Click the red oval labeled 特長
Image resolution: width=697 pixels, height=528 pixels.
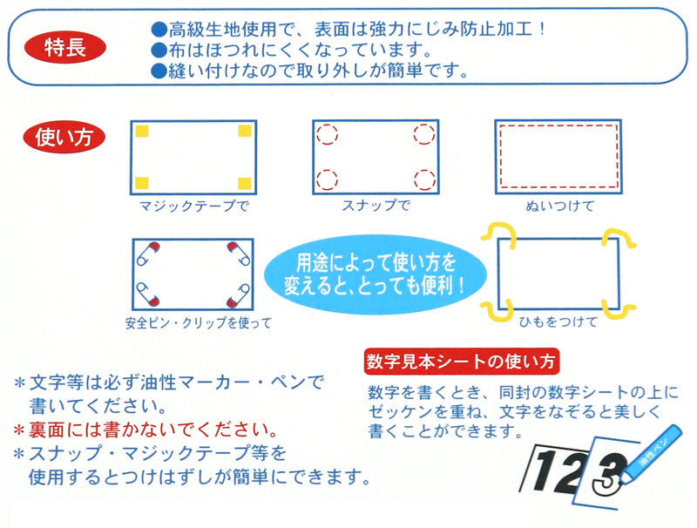tap(64, 47)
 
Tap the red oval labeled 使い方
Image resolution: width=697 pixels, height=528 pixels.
tap(64, 137)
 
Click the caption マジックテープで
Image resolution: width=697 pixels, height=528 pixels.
tap(193, 206)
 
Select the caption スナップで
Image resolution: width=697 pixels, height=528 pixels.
tap(376, 205)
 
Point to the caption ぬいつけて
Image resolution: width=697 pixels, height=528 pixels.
tap(559, 206)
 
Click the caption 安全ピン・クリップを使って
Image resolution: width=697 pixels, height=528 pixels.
tap(199, 322)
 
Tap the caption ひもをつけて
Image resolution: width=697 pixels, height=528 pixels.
tap(558, 322)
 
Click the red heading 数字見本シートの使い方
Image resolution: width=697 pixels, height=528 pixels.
tap(462, 362)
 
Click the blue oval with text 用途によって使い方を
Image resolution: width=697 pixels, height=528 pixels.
tap(375, 274)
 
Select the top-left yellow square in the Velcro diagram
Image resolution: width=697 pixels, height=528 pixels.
tap(142, 131)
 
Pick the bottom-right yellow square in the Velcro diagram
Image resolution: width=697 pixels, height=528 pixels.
tap(245, 183)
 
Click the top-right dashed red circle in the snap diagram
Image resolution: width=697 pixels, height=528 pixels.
tap(424, 134)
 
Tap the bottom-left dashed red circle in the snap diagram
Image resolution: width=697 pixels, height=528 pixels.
tap(328, 179)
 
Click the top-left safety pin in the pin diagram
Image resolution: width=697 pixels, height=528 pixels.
tap(148, 254)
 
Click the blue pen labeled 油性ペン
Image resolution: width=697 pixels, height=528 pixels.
tap(651, 455)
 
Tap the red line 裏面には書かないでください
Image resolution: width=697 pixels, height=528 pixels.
tap(145, 430)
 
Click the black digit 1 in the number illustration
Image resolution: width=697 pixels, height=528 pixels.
tap(541, 470)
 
